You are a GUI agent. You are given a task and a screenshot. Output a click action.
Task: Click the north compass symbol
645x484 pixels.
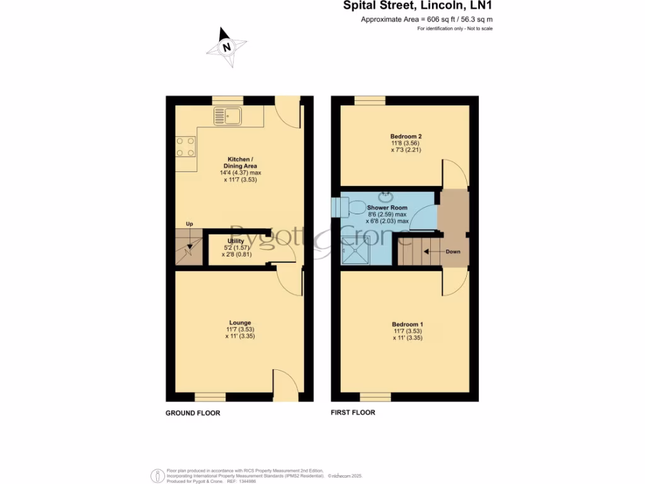point(227,46)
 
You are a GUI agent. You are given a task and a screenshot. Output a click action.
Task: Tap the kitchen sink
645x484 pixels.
point(227,116)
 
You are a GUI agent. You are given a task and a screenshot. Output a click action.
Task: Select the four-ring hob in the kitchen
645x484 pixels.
point(186,147)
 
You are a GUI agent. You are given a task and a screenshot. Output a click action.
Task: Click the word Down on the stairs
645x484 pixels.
point(453,251)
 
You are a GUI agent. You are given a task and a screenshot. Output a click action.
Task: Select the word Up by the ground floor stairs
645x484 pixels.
point(190,224)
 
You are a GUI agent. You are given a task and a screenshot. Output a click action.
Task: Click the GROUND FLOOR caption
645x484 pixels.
point(193,413)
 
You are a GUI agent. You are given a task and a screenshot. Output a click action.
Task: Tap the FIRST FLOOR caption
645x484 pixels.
point(353,413)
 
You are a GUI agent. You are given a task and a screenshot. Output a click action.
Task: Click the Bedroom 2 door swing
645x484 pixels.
point(454,174)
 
